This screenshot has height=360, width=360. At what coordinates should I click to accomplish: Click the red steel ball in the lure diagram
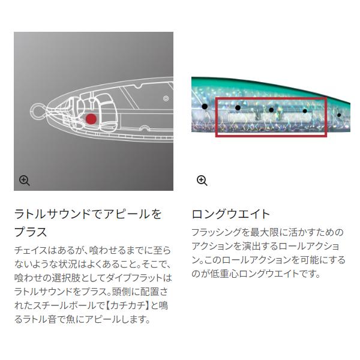[91, 119]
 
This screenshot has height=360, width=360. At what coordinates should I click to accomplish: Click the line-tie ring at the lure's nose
[37, 112]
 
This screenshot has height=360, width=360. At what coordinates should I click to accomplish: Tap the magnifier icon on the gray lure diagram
[25, 180]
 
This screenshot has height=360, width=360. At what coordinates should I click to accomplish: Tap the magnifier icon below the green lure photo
[202, 180]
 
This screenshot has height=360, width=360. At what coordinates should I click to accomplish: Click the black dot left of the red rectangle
[204, 107]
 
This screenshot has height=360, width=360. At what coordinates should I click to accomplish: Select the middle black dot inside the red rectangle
[271, 110]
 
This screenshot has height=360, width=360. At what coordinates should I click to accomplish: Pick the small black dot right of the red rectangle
[339, 115]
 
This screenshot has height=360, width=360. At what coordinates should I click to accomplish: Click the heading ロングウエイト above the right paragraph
[231, 214]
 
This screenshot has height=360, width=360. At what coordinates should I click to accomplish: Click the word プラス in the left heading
[31, 232]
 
